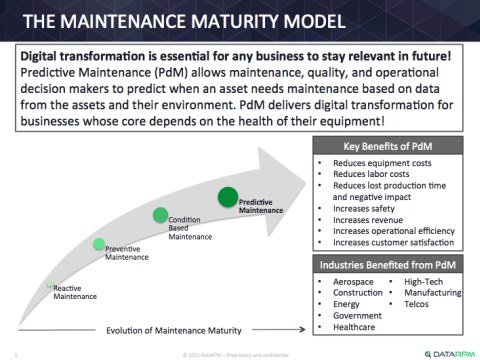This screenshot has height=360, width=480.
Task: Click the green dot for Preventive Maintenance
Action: (99, 244)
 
